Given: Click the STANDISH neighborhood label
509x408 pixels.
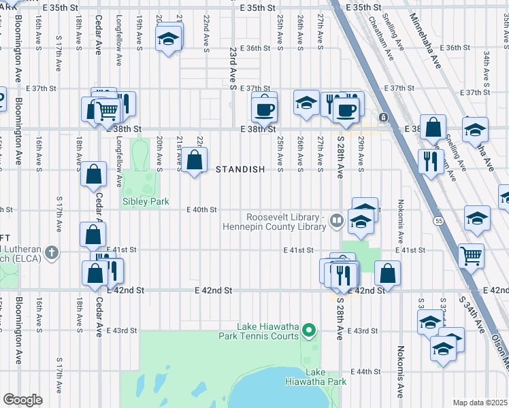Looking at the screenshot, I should (240, 169).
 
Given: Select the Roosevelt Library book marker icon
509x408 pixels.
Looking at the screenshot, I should (336, 220).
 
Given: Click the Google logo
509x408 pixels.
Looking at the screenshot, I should (22, 400).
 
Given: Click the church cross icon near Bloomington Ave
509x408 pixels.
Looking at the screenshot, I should (50, 254).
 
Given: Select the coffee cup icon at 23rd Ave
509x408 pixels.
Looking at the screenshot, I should (264, 108).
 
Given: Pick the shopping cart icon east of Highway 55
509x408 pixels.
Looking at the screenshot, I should (471, 256).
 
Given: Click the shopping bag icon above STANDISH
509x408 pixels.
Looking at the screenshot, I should (195, 160).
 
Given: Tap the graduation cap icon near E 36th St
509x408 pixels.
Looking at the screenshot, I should (168, 38).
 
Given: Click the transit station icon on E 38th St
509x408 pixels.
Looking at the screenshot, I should (384, 118).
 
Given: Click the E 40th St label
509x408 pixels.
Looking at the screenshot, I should (202, 210).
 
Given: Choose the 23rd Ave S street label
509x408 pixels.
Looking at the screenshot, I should (233, 69).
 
